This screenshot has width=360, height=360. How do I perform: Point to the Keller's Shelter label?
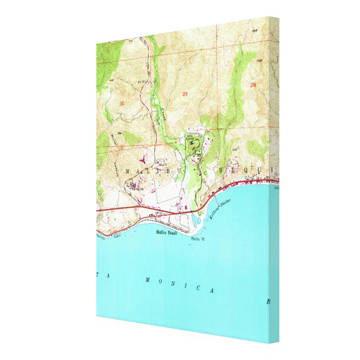coord(220,210)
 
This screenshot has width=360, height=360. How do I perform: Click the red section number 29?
coord(185,94)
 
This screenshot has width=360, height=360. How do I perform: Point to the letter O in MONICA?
coord(163,281)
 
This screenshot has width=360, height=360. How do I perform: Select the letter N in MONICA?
coord(180,285)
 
